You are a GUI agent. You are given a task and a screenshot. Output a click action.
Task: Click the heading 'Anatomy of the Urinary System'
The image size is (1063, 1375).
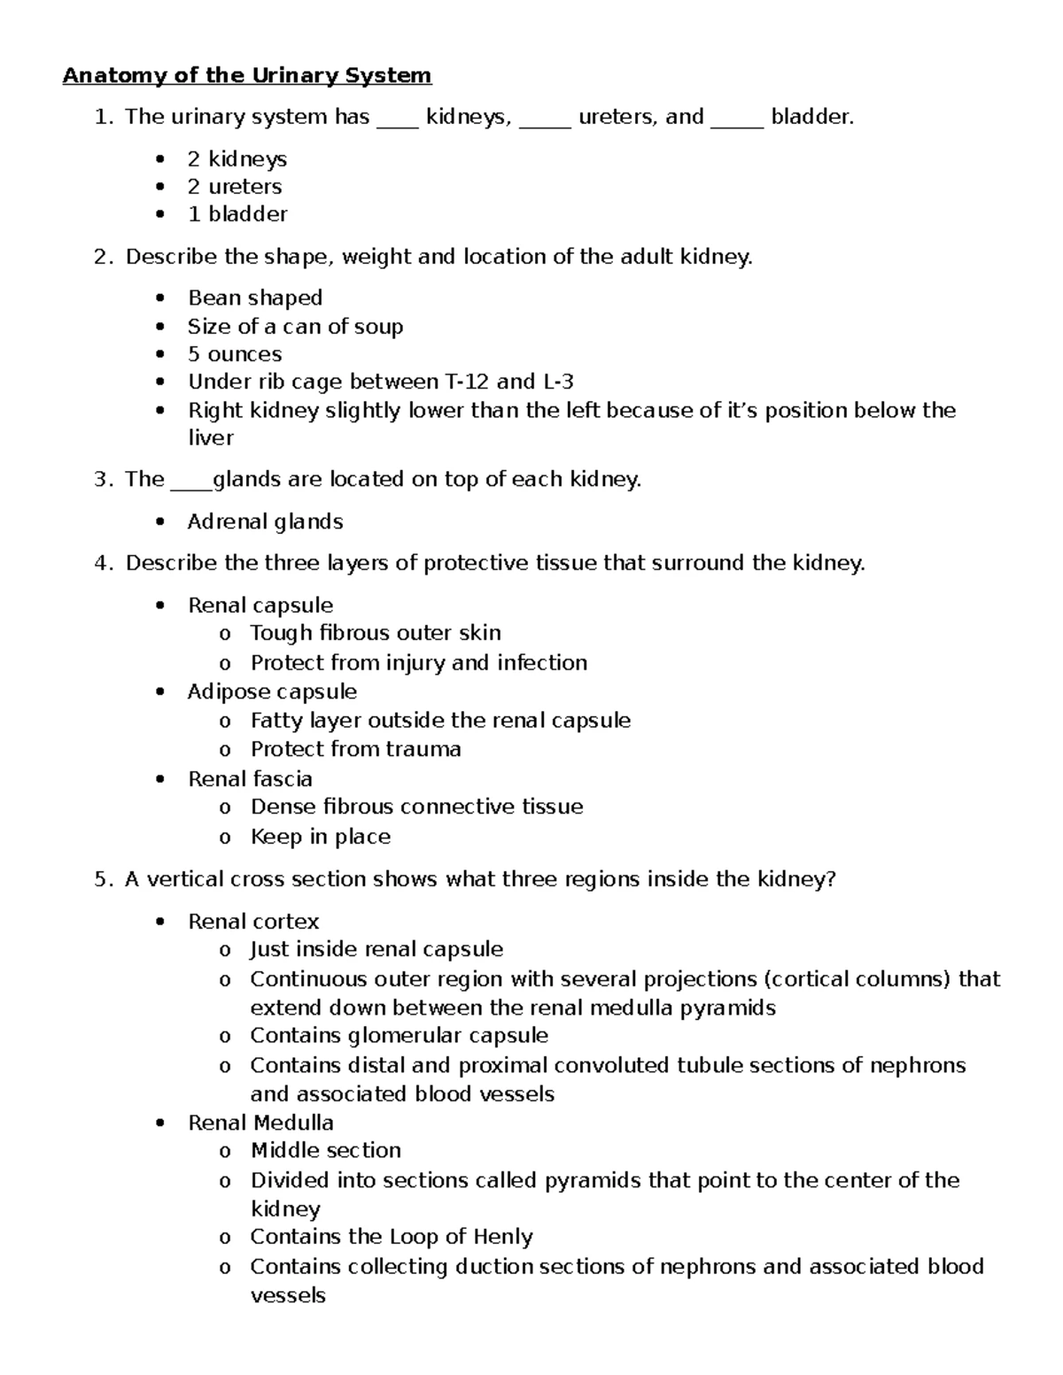click(x=246, y=75)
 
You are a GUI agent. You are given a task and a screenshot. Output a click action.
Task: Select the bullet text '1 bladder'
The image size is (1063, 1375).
click(x=237, y=214)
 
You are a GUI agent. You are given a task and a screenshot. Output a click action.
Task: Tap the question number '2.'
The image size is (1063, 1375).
click(x=104, y=257)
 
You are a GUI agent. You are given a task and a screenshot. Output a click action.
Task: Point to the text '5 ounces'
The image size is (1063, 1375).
click(x=235, y=354)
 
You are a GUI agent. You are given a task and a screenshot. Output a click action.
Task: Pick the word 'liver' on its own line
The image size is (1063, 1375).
click(x=211, y=438)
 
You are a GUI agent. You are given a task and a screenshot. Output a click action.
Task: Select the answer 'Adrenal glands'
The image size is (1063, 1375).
click(x=266, y=521)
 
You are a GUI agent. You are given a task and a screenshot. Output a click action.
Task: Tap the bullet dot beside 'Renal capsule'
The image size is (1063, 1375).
click(x=159, y=606)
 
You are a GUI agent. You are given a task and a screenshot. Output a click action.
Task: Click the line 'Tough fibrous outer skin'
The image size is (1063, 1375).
click(x=376, y=633)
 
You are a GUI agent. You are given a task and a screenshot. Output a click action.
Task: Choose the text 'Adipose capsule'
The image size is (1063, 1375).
click(x=273, y=691)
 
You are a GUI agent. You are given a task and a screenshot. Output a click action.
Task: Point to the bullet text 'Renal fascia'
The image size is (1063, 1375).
click(x=250, y=779)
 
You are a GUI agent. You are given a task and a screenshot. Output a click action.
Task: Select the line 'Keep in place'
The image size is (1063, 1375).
click(x=321, y=837)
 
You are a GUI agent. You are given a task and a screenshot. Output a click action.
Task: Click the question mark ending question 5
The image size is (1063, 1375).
click(x=831, y=879)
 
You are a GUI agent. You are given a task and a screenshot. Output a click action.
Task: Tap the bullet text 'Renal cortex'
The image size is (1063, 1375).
click(x=253, y=922)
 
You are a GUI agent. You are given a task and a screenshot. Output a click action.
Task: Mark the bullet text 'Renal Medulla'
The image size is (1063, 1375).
click(x=260, y=1123)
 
